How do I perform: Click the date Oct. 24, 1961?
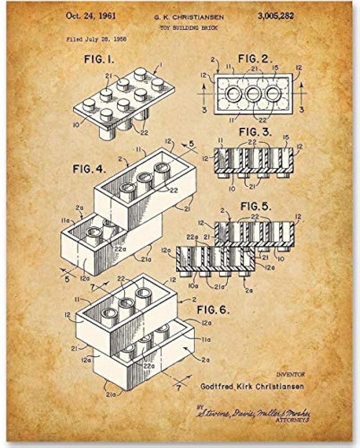pyautogui.click(x=91, y=16)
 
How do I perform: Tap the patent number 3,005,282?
pyautogui.click(x=276, y=16)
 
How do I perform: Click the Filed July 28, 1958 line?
pyautogui.click(x=96, y=40)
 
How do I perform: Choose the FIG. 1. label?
pyautogui.click(x=99, y=59)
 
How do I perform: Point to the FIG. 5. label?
pyautogui.click(x=256, y=206)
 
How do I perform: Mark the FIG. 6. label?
pyautogui.click(x=213, y=310)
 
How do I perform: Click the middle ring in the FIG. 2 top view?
pyautogui.click(x=253, y=93)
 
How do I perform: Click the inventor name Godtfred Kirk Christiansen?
pyautogui.click(x=252, y=387)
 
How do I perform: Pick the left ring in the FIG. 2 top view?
pyautogui.click(x=234, y=93)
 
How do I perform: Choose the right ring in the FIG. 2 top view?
pyautogui.click(x=273, y=93)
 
